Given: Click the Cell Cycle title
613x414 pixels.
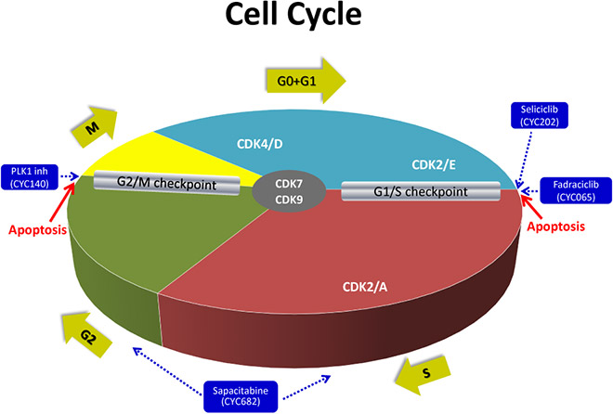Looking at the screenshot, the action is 293,15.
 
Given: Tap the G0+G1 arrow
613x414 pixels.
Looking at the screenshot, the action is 306,81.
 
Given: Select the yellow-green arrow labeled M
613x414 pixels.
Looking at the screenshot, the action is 95,126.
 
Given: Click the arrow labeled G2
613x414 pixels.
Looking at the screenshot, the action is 86,335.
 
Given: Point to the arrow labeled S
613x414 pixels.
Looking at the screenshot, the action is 423,375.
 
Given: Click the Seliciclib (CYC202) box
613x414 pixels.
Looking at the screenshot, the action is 539,116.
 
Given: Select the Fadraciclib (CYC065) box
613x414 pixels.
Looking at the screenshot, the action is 576,190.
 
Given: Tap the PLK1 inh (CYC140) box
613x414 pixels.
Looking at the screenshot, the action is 30,177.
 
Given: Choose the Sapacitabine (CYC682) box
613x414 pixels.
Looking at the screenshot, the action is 241,396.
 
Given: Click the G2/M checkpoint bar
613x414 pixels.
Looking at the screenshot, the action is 166,183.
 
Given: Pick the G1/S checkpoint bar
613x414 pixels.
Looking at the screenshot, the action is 421,191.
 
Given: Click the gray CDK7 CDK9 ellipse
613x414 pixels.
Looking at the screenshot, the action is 289,191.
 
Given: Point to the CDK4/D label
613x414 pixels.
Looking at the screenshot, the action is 259,144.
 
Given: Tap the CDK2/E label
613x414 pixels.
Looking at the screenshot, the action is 434,165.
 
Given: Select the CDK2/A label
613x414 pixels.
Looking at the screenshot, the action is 365,287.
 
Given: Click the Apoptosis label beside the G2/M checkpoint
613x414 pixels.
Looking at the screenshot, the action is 37,229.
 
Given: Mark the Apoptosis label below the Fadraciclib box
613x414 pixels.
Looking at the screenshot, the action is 556,226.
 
